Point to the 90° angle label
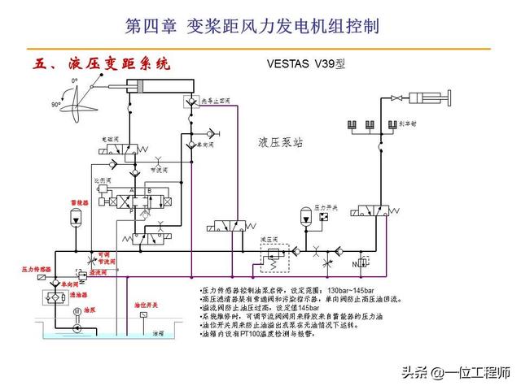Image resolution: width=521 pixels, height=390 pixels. (56, 106)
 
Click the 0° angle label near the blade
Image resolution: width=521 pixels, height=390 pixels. (74, 81)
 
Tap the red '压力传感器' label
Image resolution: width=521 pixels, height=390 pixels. (37, 268)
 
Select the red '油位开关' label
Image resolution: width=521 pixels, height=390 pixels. (147, 305)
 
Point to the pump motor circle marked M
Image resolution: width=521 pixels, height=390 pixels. (76, 311)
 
